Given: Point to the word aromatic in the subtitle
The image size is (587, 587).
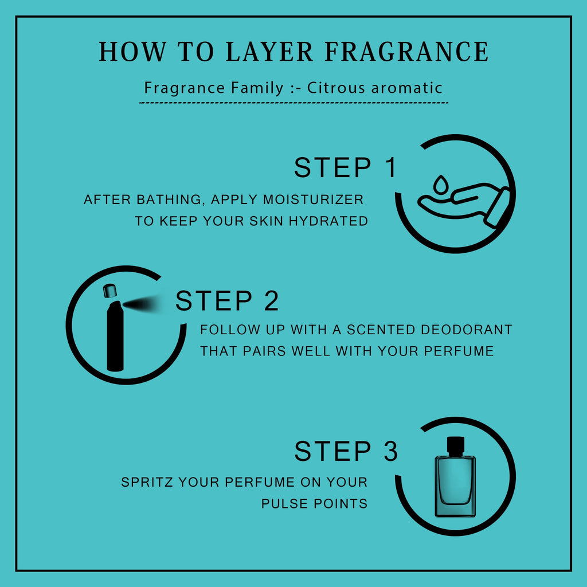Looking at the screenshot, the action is (406, 88).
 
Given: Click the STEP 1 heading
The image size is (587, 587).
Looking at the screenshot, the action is (345, 167).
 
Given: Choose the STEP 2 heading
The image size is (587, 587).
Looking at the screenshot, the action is (227, 300).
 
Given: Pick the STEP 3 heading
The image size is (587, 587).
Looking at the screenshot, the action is (346, 451).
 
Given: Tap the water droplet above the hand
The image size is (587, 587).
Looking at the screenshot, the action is (441, 184).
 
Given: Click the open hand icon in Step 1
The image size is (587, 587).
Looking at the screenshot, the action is (463, 205).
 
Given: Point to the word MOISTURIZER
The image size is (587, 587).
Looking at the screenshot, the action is (313, 199).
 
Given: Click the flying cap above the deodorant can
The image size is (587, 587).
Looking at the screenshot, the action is (109, 291).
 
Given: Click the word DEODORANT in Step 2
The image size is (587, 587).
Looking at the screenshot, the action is (467, 330).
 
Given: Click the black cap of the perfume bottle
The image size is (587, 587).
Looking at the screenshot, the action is (455, 447).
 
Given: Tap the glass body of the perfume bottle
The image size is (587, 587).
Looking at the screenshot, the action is (455, 486).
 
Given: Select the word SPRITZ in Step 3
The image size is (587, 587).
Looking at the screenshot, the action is (147, 482).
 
